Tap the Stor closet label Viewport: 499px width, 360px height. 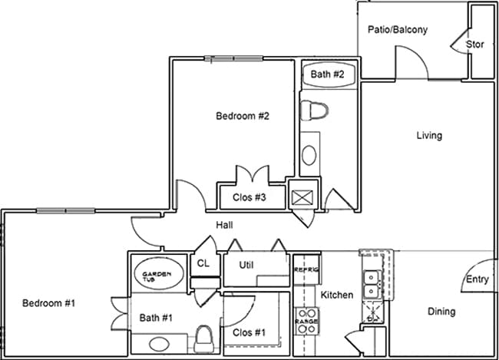(475, 45)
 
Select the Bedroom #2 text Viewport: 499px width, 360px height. (242, 116)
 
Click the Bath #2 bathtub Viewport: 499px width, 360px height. (328, 74)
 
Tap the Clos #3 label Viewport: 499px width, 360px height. (249, 197)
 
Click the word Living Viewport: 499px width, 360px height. (429, 136)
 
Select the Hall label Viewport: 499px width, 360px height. (224, 225)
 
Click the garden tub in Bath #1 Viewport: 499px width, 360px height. (158, 273)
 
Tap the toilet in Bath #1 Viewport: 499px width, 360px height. (204, 336)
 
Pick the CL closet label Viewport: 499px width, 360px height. (203, 263)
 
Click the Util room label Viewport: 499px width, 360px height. (247, 266)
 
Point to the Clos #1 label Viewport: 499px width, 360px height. (249, 332)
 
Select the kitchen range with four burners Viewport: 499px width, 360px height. (307, 320)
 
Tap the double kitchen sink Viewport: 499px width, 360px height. (372, 283)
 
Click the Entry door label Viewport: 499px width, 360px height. (477, 279)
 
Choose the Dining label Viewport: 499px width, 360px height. (441, 312)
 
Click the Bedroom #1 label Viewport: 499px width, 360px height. (48, 302)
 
